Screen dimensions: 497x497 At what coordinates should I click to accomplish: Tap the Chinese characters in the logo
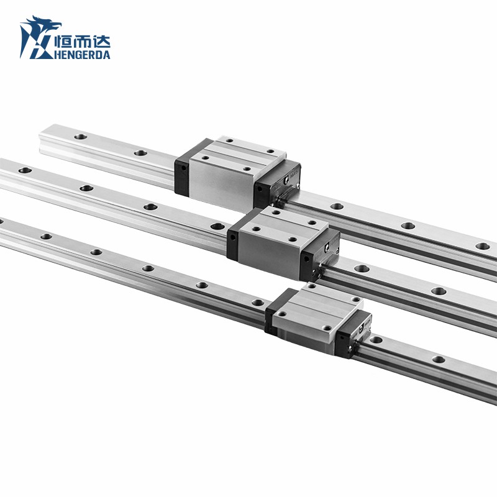click(82, 42)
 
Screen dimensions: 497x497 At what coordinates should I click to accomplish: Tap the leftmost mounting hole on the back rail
click(79, 137)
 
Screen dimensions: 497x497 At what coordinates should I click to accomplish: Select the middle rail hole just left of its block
click(216, 226)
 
